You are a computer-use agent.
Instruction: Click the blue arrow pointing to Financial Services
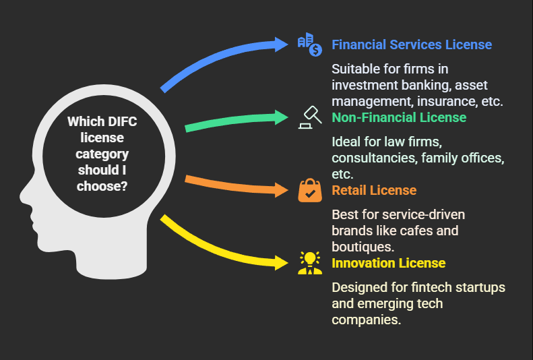(x=216, y=61)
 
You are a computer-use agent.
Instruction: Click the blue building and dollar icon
(x=310, y=44)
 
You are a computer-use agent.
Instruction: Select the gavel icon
(x=310, y=117)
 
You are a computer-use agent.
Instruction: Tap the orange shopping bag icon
(x=310, y=190)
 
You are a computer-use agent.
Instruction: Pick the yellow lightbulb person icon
(x=310, y=262)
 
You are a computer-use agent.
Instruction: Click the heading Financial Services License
(x=412, y=45)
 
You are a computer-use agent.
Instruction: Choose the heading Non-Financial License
(x=399, y=117)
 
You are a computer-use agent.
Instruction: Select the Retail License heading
(x=374, y=190)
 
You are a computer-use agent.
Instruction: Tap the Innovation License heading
(x=388, y=262)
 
